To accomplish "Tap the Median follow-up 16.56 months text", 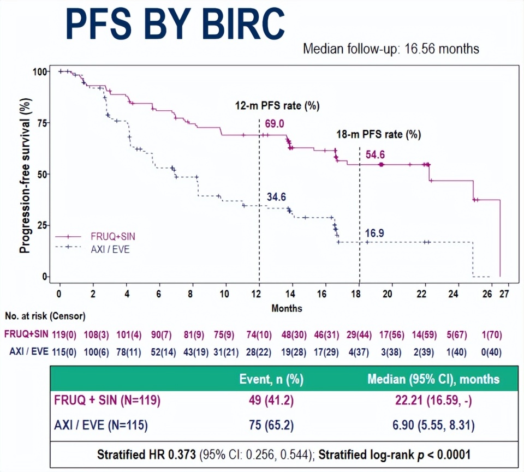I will (391, 49).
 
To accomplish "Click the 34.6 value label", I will (277, 197).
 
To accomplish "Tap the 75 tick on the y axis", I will (40, 123).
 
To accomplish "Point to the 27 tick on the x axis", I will (500, 294).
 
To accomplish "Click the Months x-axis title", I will (287, 308).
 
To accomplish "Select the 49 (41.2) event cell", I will (271, 401).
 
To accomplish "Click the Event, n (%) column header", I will (271, 379).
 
